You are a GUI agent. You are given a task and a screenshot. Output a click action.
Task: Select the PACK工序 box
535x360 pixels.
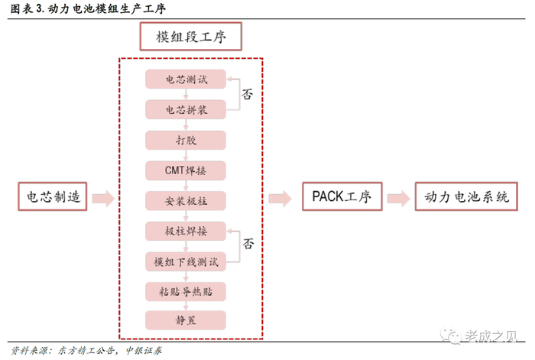coord(341,197)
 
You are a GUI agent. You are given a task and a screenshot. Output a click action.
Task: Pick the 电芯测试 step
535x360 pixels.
coord(186,79)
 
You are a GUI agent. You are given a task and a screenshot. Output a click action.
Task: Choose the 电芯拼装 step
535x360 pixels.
coord(186,109)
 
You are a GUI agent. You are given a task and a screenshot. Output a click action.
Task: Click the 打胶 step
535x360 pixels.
coord(186,139)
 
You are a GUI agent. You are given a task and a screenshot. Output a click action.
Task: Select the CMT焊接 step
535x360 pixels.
coord(186,170)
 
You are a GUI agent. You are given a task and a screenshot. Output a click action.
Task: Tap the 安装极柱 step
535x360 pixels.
coord(186,200)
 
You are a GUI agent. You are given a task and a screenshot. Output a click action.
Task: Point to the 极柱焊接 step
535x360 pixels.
coord(186,230)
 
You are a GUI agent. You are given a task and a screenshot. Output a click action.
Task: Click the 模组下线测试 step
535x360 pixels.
coord(186,261)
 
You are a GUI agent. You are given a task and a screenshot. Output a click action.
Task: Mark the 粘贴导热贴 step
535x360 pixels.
coord(186,290)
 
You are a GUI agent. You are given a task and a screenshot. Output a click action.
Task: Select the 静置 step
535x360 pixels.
coord(186,319)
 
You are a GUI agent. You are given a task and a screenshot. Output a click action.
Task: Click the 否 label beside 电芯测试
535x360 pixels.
coord(248,95)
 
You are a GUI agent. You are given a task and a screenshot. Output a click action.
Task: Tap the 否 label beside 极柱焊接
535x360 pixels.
coord(248,245)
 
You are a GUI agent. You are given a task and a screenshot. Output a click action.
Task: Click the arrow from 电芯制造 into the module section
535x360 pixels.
coord(102,199)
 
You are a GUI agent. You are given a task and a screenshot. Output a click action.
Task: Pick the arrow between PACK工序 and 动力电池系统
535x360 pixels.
coord(397,198)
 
